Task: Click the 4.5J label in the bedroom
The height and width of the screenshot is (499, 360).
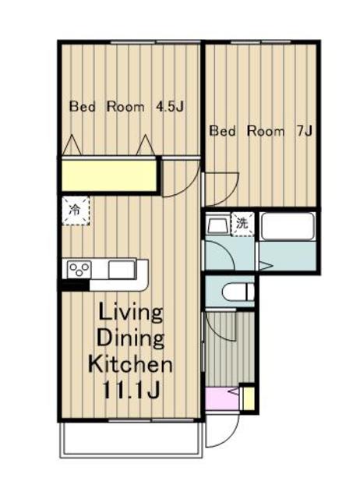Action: (169, 107)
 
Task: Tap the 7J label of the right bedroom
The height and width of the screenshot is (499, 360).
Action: (303, 131)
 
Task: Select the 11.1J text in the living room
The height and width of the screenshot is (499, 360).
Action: (131, 391)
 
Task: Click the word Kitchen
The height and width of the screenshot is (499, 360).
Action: (130, 364)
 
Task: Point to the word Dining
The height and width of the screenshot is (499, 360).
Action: (131, 338)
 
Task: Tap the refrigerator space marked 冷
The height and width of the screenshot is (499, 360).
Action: (76, 211)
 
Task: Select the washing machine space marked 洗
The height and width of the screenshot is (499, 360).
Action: (242, 224)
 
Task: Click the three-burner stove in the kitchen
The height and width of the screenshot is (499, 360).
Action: (79, 269)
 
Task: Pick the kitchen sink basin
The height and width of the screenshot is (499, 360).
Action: (121, 269)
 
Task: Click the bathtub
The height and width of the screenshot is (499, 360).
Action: (288, 226)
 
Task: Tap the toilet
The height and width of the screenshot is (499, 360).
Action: (239, 292)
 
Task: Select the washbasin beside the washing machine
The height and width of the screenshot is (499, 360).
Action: (217, 225)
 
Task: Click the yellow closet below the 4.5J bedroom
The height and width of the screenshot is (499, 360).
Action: (109, 175)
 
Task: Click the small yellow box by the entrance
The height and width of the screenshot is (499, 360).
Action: (249, 398)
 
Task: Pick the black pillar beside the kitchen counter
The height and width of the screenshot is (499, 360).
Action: (76, 285)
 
